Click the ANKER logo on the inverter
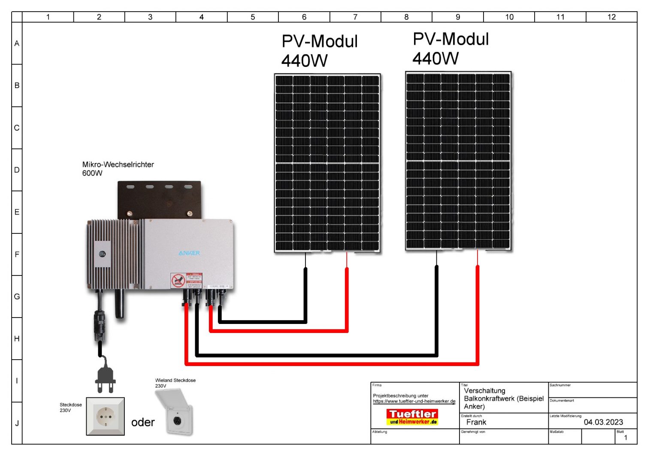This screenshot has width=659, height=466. tap(189, 253)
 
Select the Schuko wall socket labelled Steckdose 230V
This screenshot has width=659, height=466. tap(105, 416)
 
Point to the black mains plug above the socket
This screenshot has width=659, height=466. tap(105, 378)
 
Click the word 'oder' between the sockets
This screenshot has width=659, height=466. tap(143, 422)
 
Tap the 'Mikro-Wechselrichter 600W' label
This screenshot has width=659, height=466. tap(118, 169)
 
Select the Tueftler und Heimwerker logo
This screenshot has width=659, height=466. tap(412, 417)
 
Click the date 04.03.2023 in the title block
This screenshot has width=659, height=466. tap(603, 422)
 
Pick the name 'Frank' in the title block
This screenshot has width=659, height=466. tap(476, 422)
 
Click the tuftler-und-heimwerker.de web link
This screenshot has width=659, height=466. tap(414, 402)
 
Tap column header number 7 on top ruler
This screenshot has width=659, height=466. tap(355, 17)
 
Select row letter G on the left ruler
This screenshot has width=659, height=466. tap(17, 297)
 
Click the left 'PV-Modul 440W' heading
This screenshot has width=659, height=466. tap(319, 51)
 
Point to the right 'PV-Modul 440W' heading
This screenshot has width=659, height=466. tap(450, 48)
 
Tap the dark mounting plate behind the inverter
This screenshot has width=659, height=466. tap(159, 198)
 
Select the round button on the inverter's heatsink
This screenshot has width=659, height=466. tap(102, 254)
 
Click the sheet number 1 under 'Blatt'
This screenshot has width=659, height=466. tap(626, 438)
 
